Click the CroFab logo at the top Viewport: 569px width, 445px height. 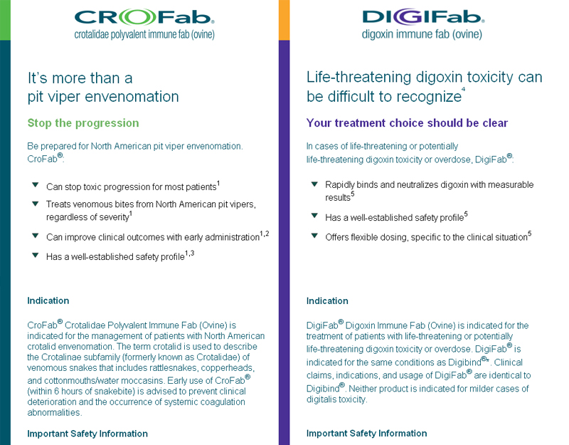click(144, 17)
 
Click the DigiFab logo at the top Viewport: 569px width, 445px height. click(423, 17)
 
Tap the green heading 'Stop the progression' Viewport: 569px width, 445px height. click(83, 123)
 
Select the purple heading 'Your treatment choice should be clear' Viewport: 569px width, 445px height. click(407, 122)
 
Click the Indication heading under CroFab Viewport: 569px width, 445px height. click(48, 300)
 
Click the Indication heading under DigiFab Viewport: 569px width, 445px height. click(327, 300)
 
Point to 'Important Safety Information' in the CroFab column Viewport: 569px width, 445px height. click(87, 434)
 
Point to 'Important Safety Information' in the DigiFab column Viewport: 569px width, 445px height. click(366, 433)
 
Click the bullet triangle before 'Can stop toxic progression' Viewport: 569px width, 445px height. click(35, 185)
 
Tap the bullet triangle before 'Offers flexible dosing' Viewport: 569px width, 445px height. click(314, 236)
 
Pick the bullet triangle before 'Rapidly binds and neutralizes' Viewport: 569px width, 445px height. click(314, 184)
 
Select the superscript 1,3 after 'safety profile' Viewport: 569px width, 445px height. click(189, 253)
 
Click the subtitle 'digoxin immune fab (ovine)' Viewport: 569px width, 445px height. click(422, 34)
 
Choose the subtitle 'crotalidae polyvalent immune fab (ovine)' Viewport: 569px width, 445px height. click(144, 34)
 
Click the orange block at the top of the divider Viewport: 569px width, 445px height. click(284, 20)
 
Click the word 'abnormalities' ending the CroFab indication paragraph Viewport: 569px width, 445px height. click(55, 413)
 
